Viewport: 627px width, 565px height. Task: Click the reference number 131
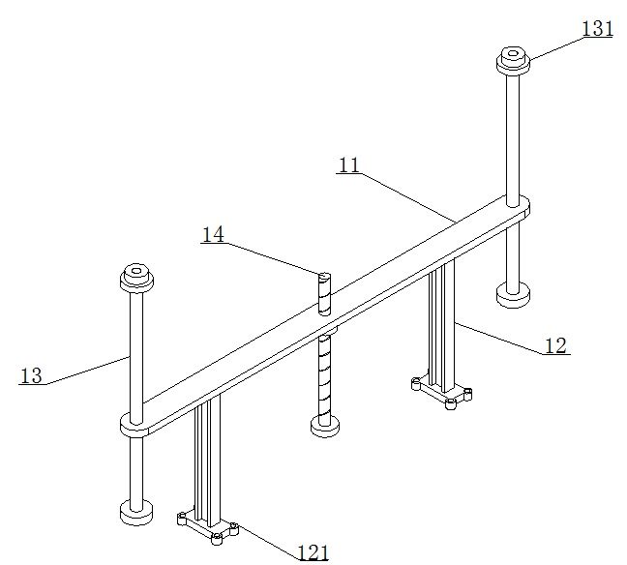pyautogui.click(x=597, y=29)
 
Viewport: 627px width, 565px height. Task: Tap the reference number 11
pyautogui.click(x=349, y=164)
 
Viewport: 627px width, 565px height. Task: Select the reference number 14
pyautogui.click(x=213, y=234)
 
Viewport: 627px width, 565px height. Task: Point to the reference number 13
pyautogui.click(x=31, y=376)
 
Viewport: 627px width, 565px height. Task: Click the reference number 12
pyautogui.click(x=555, y=346)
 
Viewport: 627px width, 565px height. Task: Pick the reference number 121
pyautogui.click(x=313, y=553)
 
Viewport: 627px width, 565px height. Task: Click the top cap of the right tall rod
pyautogui.click(x=513, y=60)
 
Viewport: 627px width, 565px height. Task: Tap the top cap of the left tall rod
pyautogui.click(x=136, y=277)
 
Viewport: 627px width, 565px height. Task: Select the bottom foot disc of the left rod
pyautogui.click(x=136, y=512)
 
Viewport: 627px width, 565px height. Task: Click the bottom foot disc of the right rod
pyautogui.click(x=513, y=295)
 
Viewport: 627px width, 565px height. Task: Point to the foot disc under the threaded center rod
pyautogui.click(x=325, y=426)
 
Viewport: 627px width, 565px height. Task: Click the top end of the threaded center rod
pyautogui.click(x=325, y=276)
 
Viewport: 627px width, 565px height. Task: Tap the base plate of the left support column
pyautogui.click(x=207, y=528)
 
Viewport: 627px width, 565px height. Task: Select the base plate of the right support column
pyautogui.click(x=441, y=393)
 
